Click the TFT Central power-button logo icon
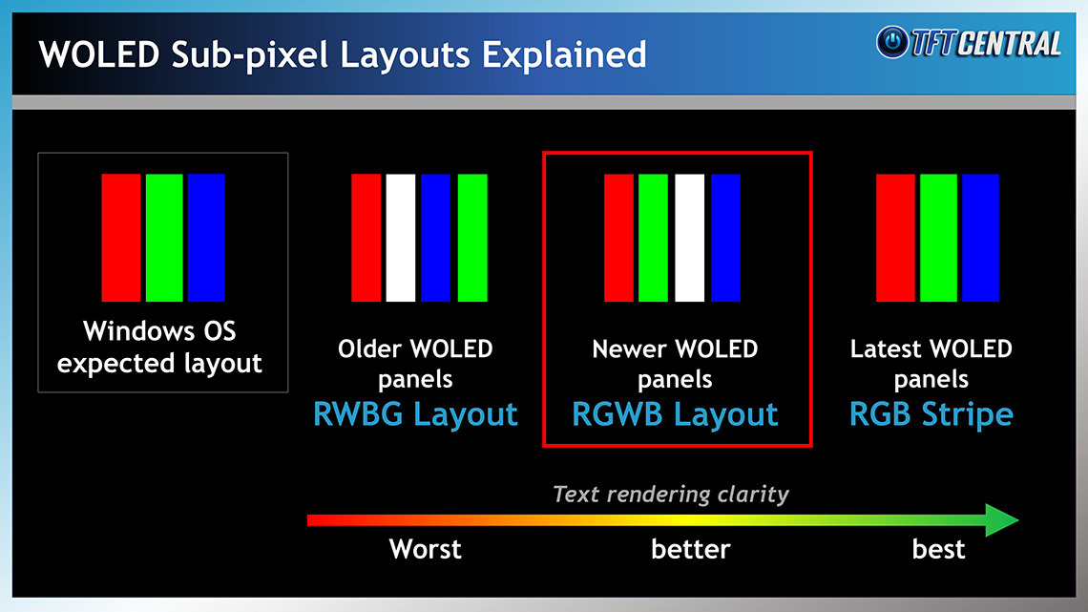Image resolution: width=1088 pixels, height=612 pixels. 892,42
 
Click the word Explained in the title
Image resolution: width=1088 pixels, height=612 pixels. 564,54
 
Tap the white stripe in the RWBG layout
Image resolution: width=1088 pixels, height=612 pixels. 401,238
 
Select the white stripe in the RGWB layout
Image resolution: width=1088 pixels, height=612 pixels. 690,238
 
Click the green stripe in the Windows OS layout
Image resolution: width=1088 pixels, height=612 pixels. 164,238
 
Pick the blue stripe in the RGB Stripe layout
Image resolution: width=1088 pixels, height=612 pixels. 980,238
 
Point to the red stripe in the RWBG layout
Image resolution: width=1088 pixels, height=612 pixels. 366,238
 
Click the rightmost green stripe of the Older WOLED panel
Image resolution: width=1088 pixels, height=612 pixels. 472,238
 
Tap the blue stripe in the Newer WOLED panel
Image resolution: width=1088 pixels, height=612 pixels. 725,238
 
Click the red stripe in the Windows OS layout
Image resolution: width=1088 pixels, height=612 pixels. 121,238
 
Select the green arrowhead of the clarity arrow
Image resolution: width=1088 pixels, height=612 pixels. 1001,519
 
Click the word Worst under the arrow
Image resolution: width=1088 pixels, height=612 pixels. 426,549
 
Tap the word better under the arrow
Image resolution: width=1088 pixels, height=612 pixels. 690,549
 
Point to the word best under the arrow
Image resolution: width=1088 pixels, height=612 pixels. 938,549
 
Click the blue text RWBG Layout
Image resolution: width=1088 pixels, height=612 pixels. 415,414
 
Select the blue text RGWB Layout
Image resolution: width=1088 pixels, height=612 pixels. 675,414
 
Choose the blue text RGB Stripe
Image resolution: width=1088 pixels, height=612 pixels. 931,414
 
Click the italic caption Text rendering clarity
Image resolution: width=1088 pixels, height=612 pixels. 671,494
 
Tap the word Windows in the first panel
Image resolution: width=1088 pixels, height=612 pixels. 127,331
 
